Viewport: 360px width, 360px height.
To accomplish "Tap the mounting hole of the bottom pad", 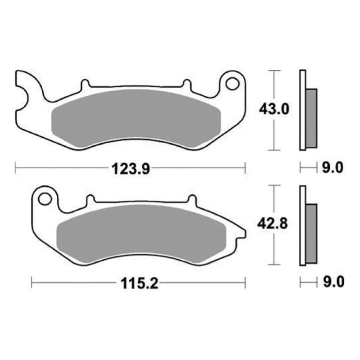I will coord(45,198).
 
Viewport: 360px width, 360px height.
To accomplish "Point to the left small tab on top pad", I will coord(84,84).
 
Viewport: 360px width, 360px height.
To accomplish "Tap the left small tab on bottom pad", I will coord(90,199).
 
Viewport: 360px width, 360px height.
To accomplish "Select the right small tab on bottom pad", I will coord(192,199).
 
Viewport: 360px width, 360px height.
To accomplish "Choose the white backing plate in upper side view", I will coord(302,110).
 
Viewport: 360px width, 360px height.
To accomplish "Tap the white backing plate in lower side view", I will coord(302,225).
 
